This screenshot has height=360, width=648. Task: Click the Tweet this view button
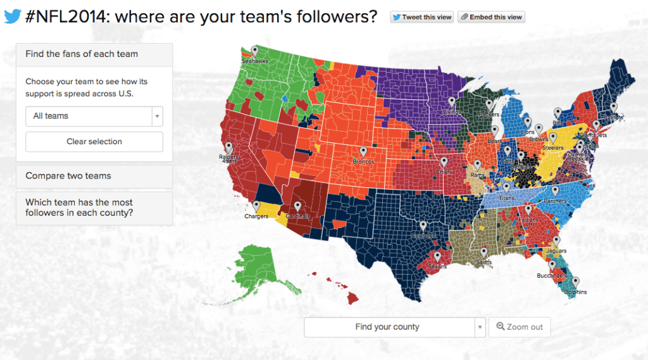tap(422, 17)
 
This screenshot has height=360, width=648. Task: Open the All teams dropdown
tap(94, 116)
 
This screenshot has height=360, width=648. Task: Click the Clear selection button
tap(94, 142)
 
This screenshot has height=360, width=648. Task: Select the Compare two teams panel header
tap(94, 176)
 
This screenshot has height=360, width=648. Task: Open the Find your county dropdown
tap(394, 327)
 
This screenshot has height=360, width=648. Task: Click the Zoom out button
tap(520, 327)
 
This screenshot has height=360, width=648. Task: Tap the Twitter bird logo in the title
tap(13, 16)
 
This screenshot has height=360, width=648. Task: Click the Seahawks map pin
tap(254, 51)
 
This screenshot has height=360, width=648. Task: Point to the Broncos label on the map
tap(363, 162)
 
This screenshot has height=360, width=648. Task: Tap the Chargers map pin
tap(256, 206)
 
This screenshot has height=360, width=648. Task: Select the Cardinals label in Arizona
tap(297, 216)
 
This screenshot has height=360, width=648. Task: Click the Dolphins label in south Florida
tap(575, 292)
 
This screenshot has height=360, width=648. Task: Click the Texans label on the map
tap(437, 267)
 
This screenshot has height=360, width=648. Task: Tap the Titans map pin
tap(506, 188)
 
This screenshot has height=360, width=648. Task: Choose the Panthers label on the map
tap(556, 201)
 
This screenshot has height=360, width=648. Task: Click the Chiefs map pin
tap(444, 162)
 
